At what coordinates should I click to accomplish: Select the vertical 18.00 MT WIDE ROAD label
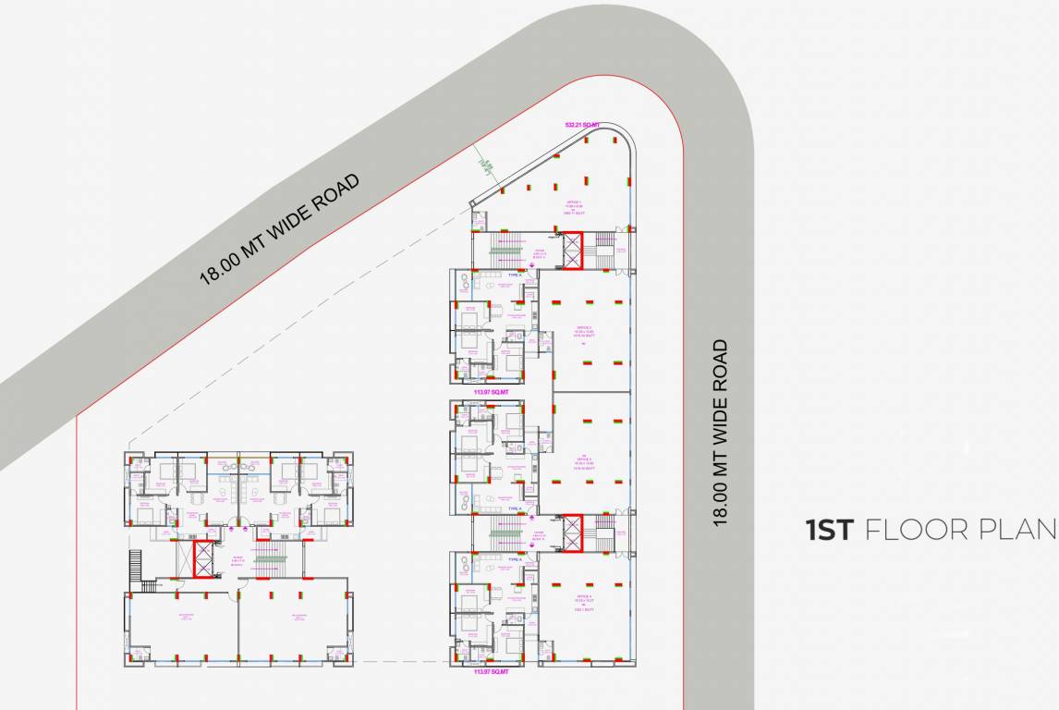[x=720, y=433]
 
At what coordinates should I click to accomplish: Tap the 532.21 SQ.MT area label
[x=582, y=124]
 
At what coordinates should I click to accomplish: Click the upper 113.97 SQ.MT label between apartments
[x=491, y=392]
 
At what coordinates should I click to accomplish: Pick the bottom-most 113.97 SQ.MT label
[x=491, y=672]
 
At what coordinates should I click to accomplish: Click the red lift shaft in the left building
[x=202, y=558]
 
